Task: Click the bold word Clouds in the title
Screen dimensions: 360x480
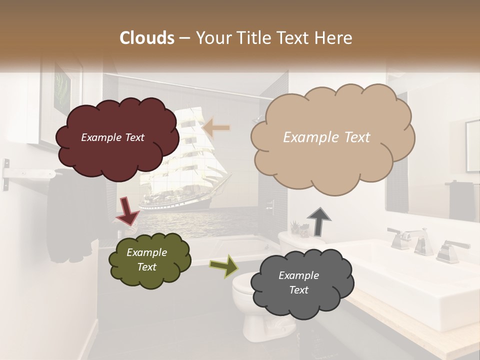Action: click(x=147, y=38)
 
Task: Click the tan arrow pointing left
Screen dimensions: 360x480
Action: click(x=216, y=128)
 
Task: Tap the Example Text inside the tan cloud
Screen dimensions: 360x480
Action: click(x=326, y=137)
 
